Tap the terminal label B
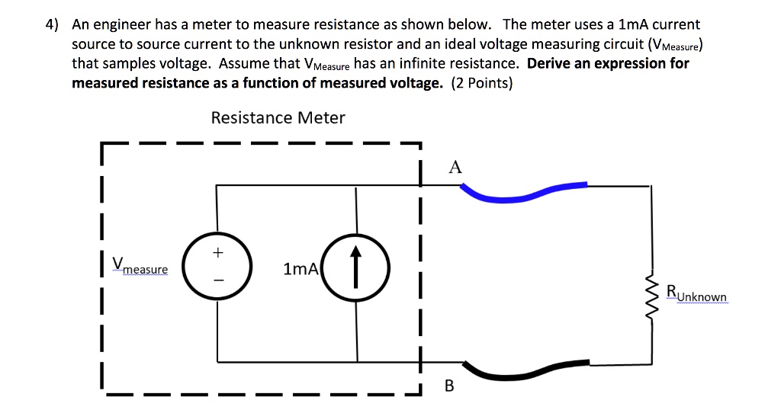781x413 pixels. coord(448,386)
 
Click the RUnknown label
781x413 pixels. coord(696,293)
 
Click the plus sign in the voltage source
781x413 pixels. coord(218,251)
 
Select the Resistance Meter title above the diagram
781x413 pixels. coord(278,118)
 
